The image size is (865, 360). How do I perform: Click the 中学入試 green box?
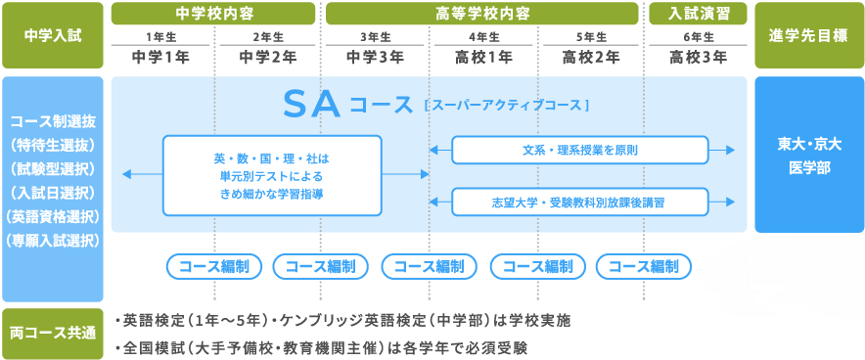tap(53, 35)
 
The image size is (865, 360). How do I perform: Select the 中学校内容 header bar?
tap(213, 14)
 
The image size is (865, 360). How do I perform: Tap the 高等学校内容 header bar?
tap(482, 14)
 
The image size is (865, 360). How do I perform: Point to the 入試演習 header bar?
tap(698, 14)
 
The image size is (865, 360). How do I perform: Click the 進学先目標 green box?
tap(808, 35)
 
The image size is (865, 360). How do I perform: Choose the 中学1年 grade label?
tap(160, 58)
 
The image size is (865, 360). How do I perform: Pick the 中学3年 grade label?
tap(375, 58)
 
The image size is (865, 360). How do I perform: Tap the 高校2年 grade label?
tap(591, 58)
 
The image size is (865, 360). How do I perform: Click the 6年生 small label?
tap(699, 37)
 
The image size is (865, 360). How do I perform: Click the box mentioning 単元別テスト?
tap(272, 175)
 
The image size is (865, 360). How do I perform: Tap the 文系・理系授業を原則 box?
tap(580, 150)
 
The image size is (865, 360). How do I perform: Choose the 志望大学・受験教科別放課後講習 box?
tap(580, 202)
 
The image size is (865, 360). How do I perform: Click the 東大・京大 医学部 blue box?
tap(808, 155)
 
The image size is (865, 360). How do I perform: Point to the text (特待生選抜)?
tap(53, 146)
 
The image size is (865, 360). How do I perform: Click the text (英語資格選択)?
tap(53, 216)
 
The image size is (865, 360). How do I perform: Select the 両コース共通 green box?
tap(53, 334)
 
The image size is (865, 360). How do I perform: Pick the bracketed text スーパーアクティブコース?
tap(507, 106)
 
